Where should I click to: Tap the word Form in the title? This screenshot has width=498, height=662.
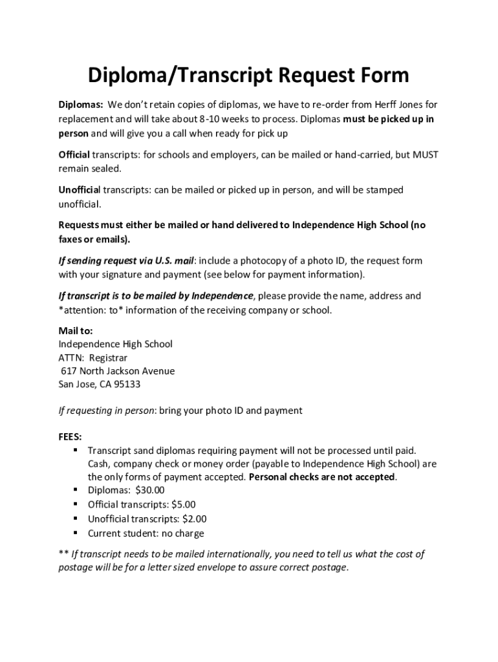[x=382, y=76]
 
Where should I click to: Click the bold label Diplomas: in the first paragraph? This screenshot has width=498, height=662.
[x=81, y=105]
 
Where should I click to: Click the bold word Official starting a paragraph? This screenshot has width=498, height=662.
[x=74, y=155]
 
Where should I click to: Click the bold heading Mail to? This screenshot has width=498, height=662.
[x=76, y=330]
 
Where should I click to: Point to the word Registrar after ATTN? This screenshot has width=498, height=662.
[x=109, y=358]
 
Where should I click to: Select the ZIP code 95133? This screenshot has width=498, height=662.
[x=128, y=385]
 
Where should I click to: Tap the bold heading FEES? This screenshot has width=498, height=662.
[x=70, y=436]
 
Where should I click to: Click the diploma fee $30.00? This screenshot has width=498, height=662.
[x=150, y=491]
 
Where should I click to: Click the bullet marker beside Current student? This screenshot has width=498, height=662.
[x=76, y=533]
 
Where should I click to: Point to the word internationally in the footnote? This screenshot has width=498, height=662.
[x=235, y=554]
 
